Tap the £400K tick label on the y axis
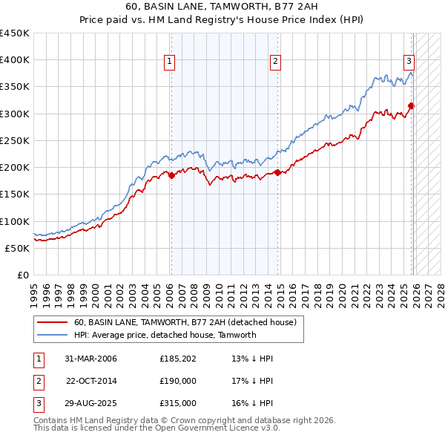pos(14,60)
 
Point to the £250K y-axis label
pos(14,140)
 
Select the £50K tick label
pos(17,248)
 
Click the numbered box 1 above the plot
pos(171,62)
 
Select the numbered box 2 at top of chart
pos(275,62)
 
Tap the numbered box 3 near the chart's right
pos(409,62)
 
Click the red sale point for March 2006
pos(171,176)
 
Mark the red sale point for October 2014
pos(277,173)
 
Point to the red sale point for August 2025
pos(412,106)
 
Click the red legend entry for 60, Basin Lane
pos(185,322)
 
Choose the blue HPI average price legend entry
pos(165,335)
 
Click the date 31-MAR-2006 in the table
pos(91,359)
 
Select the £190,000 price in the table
pos(177,381)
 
